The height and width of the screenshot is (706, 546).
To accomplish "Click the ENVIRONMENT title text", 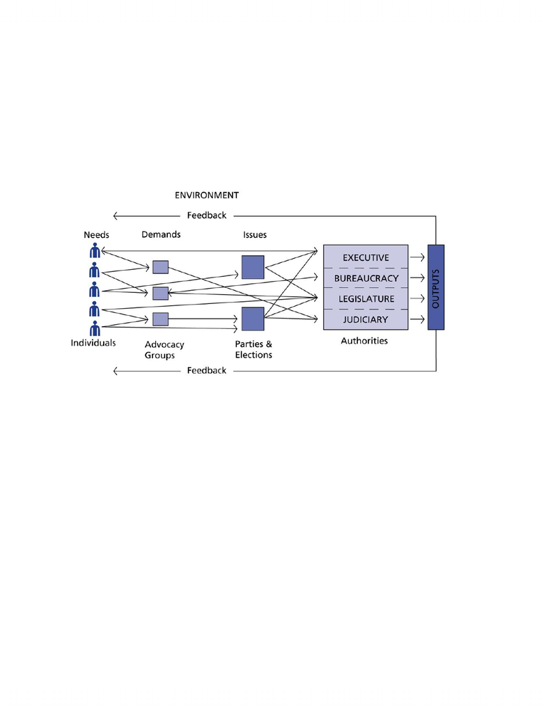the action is (x=207, y=195).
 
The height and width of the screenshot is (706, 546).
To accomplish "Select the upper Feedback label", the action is (x=207, y=216).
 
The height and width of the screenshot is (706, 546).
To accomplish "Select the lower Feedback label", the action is (x=207, y=371).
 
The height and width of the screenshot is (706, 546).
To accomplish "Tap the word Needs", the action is (x=97, y=235).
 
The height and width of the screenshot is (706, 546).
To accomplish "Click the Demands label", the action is (x=161, y=234).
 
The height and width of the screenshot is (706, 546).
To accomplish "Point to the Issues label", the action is (x=255, y=235).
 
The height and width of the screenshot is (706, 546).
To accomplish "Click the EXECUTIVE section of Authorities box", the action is (x=366, y=257).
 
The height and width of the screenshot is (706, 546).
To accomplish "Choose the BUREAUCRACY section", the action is (x=366, y=278).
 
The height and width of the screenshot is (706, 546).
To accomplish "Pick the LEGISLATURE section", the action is (x=366, y=298).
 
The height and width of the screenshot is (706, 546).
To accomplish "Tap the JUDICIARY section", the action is (x=366, y=320).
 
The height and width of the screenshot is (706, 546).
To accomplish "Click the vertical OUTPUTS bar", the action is (x=436, y=287).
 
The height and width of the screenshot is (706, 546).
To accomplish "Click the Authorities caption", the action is (x=364, y=341).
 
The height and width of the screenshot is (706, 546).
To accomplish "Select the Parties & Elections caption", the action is (x=253, y=349).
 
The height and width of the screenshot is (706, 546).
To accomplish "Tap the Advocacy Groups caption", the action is (x=164, y=350).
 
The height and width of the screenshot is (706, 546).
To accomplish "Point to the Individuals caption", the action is (x=93, y=343).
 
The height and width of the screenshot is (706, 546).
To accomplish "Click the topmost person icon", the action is (x=95, y=250).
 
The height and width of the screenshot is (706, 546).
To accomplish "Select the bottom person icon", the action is (x=95, y=329).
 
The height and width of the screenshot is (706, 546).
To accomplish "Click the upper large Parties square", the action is (x=253, y=268).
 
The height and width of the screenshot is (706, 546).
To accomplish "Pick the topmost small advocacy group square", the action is (x=160, y=267).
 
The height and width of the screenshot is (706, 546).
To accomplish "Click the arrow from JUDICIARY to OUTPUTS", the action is (x=417, y=320).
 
